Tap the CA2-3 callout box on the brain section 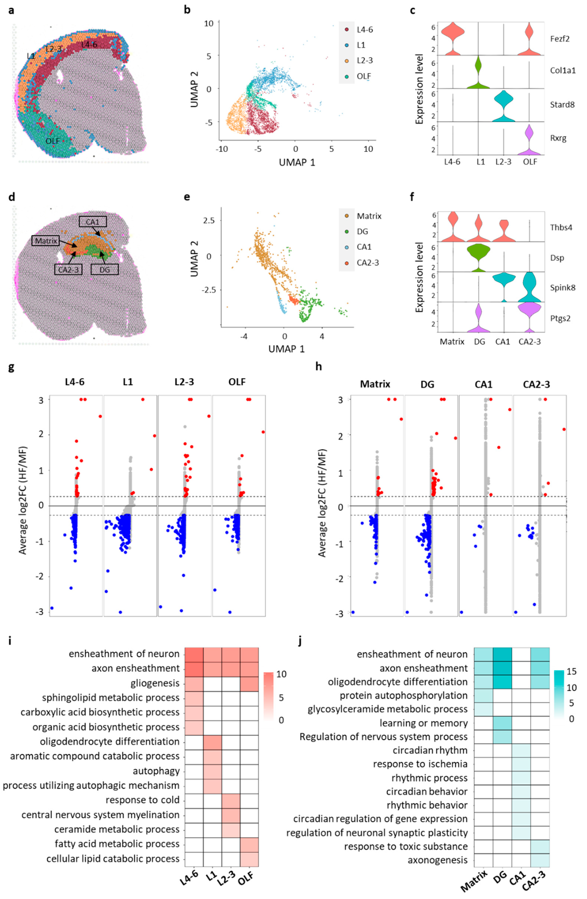point(68,269)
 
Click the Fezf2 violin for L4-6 point(452,34)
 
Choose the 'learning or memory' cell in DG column point(502,723)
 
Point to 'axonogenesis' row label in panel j point(437,860)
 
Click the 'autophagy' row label point(156,771)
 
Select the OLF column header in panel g point(237,382)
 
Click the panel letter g point(11,367)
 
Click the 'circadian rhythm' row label point(430,750)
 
